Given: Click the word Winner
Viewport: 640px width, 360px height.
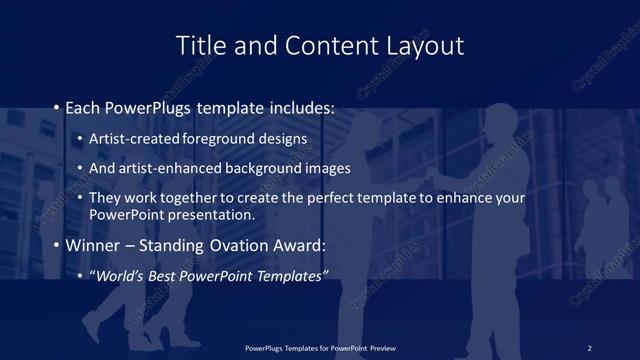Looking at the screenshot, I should [x=93, y=246].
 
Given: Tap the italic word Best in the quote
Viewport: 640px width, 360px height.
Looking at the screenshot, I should [x=170, y=276].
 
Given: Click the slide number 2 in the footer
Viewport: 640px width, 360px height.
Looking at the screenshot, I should [x=589, y=347].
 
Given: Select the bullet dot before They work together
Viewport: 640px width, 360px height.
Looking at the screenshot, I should [x=81, y=198].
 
